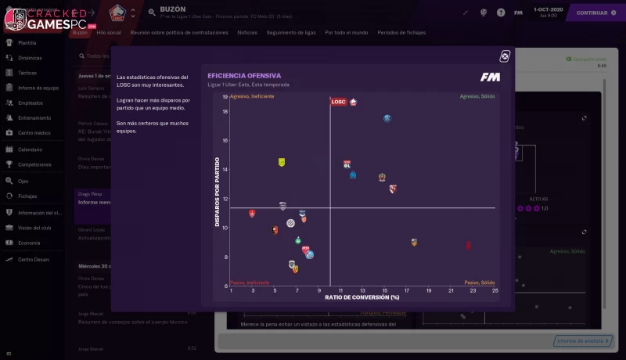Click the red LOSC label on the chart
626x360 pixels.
tap(339, 102)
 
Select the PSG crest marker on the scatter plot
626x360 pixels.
tap(387, 119)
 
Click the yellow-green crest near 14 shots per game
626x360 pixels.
tap(282, 162)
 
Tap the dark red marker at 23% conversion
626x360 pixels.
tap(468, 245)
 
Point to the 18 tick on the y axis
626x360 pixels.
tap(225, 111)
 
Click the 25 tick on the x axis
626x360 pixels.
tap(495, 290)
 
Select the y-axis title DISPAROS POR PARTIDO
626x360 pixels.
tap(217, 193)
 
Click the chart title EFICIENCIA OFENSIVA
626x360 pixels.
tap(244, 76)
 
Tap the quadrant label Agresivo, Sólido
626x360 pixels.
tap(477, 96)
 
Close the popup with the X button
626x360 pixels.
tap(505, 56)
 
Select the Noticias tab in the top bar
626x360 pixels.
tap(246, 33)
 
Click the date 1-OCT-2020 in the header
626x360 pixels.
tap(546, 9)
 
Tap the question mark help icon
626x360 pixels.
tap(500, 13)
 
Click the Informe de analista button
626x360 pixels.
tap(582, 340)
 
